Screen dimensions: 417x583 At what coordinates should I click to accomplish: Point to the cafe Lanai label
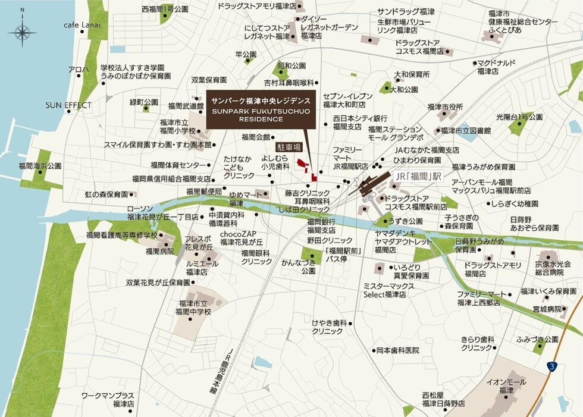tap(82, 25)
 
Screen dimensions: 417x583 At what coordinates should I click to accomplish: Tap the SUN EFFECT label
tap(69, 105)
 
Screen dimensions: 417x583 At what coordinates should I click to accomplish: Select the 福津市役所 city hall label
tap(444, 107)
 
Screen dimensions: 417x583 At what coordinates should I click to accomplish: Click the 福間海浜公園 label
tap(40, 165)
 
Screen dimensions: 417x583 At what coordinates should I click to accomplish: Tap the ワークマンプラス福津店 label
tap(108, 399)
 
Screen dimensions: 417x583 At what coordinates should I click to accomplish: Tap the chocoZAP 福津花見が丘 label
tap(241, 238)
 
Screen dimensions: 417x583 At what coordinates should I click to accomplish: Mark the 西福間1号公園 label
tap(165, 10)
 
